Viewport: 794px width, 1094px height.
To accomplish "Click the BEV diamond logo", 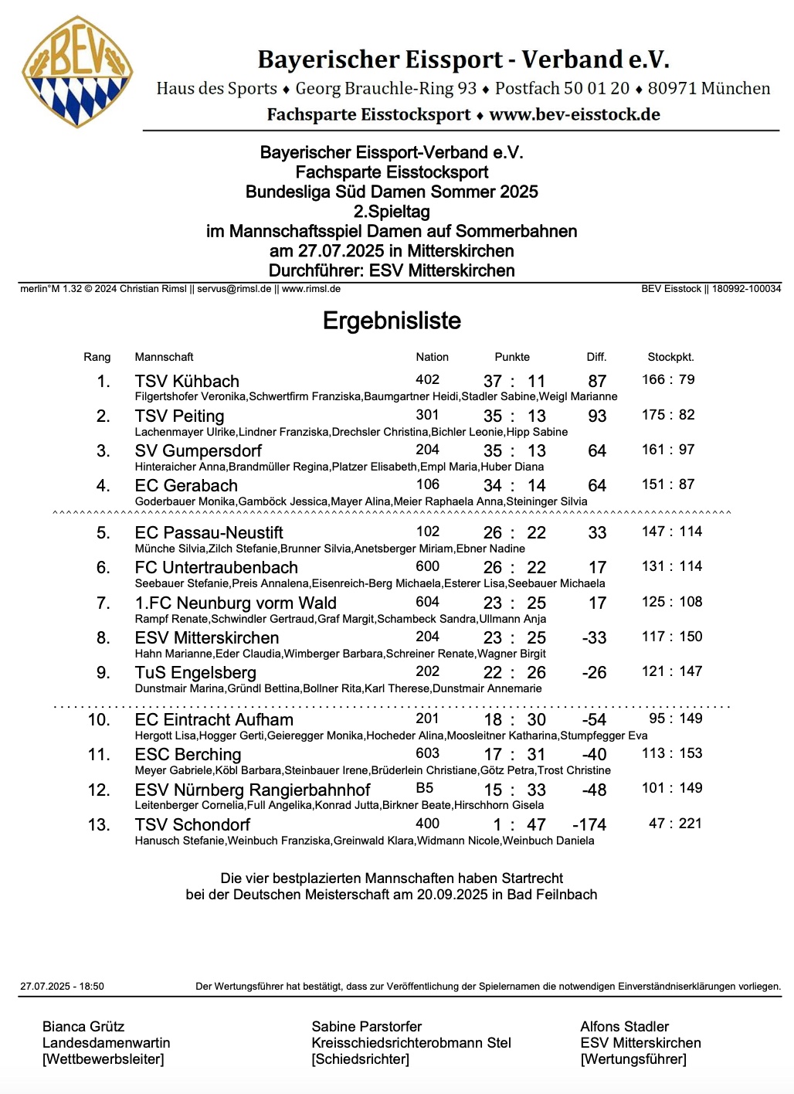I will pos(77,71).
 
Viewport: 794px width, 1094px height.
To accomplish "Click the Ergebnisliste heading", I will pos(392,321).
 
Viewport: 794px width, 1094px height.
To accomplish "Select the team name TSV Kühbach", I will pos(187,381).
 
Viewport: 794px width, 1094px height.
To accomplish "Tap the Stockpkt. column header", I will pos(670,357).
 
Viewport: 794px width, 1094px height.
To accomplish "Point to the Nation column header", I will pos(432,357).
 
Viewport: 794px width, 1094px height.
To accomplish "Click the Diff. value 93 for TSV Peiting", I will pos(597,416).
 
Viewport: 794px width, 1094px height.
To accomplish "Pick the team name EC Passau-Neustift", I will pos(209,532).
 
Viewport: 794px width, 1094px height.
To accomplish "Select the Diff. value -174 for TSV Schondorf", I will pos(589,824).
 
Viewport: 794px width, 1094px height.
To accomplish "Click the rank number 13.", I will pos(99,824).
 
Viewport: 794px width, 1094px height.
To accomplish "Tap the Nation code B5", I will pos(425,788).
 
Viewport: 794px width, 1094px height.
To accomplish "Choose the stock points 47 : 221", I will pos(675,823).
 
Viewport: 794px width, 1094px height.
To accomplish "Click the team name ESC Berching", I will pos(188,754).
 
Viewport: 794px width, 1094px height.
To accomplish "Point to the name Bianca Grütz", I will pos(83,1026).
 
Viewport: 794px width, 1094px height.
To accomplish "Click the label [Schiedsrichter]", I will pos(361,1058).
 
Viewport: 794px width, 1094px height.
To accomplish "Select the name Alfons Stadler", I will pos(624,1026).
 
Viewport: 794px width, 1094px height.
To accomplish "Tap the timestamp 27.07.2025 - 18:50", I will pos(62,986).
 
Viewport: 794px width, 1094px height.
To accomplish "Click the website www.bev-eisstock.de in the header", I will pos(575,114).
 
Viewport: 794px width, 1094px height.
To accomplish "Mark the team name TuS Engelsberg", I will pos(195,672).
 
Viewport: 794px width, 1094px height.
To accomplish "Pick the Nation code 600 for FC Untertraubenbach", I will pos(427,566).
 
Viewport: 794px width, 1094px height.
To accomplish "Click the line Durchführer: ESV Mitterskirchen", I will pos(392,270).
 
